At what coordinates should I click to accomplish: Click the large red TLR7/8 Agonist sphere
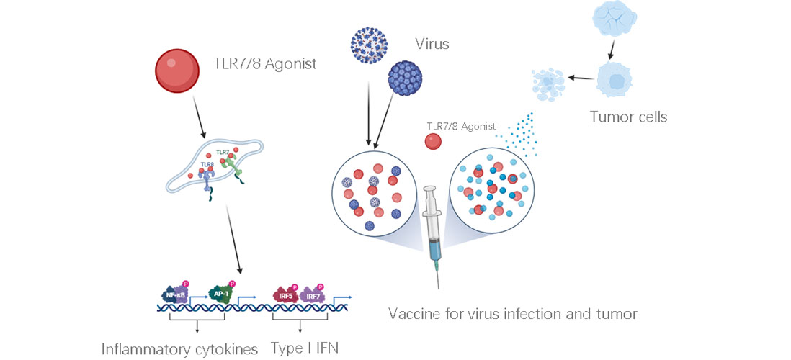pyautogui.click(x=177, y=71)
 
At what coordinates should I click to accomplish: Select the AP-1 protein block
pyautogui.click(x=220, y=294)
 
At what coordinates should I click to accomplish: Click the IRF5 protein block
pyautogui.click(x=282, y=295)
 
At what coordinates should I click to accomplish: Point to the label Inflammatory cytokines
pyautogui.click(x=179, y=349)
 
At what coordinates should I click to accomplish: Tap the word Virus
pyautogui.click(x=432, y=44)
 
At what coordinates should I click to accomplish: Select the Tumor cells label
pyautogui.click(x=628, y=117)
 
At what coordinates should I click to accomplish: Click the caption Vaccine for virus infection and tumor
pyautogui.click(x=512, y=314)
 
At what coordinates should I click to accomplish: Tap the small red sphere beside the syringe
pyautogui.click(x=433, y=142)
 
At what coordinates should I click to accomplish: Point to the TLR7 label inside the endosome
pyautogui.click(x=222, y=153)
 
